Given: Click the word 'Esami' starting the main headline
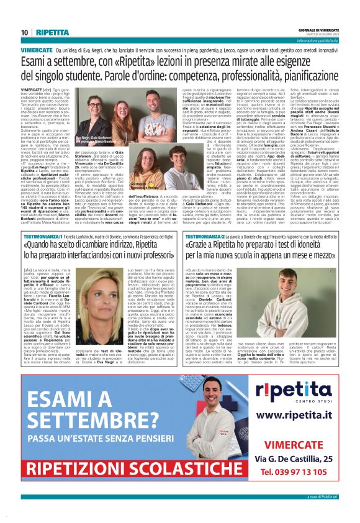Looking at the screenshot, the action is coord(37,61).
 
